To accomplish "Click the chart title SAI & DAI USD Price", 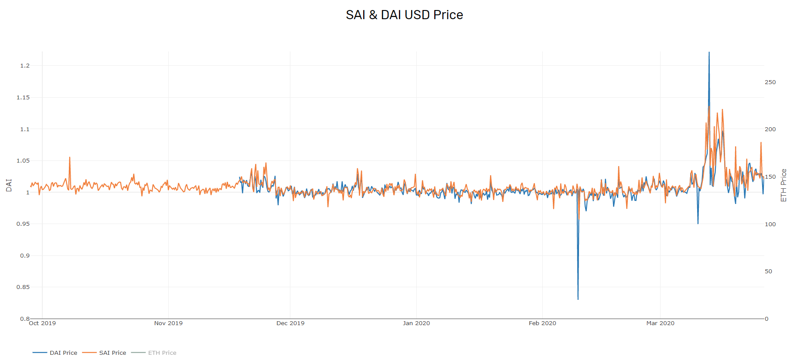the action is pos(404,15).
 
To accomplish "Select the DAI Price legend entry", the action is pos(55,353).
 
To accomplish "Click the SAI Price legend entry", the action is pos(104,353).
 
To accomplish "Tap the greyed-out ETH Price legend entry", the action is pos(153,353).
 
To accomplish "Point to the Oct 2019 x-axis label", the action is pos(42,323).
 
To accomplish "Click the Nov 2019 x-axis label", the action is pos(168,323).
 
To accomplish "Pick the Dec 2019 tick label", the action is pos(290,323).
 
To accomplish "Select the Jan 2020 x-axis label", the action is pos(416,323).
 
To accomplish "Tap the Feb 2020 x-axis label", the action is pos(542,323).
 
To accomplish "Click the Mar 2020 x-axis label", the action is pos(660,323).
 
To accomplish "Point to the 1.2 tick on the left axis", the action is pos(25,65).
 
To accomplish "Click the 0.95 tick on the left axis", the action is pos(23,224).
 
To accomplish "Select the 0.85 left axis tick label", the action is pos(23,287).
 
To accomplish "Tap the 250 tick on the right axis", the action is pos(770,82).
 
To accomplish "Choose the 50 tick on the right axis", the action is pos(768,271).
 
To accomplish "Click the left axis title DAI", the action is pos(9,185).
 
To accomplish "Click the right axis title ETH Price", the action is pos(783,185).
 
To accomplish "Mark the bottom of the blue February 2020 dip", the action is pos(578,299).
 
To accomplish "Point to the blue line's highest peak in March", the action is pos(709,52).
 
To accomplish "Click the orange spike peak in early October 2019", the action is pos(69,157).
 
